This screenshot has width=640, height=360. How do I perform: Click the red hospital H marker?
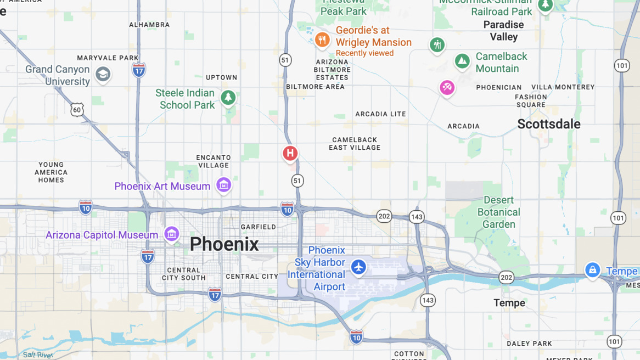click(290, 154)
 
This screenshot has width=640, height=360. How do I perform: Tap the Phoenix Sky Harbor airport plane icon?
click(358, 267)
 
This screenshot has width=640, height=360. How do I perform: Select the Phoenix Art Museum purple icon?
click(223, 185)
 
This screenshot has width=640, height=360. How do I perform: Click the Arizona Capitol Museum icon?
click(171, 234)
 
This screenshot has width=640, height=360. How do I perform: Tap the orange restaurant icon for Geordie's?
click(322, 40)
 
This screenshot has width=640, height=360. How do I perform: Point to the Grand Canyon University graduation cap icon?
click(103, 74)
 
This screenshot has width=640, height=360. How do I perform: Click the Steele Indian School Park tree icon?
click(228, 98)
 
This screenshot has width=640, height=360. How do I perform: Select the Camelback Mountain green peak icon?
click(462, 61)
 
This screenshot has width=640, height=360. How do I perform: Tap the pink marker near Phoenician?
click(447, 87)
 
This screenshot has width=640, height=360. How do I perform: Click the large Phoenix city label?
click(224, 244)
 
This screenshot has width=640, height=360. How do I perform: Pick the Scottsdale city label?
click(548, 124)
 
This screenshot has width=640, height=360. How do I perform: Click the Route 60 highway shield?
click(77, 110)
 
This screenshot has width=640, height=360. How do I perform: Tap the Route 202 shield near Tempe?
click(506, 278)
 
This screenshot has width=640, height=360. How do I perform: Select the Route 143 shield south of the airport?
click(428, 300)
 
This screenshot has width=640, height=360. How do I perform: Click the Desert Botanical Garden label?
click(498, 212)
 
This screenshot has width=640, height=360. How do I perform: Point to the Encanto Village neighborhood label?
click(214, 161)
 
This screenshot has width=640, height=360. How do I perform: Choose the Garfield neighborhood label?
click(259, 227)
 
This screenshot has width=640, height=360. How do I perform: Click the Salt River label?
click(37, 355)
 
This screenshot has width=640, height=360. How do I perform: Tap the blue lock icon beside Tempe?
click(592, 269)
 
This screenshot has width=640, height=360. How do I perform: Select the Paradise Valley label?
click(503, 31)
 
